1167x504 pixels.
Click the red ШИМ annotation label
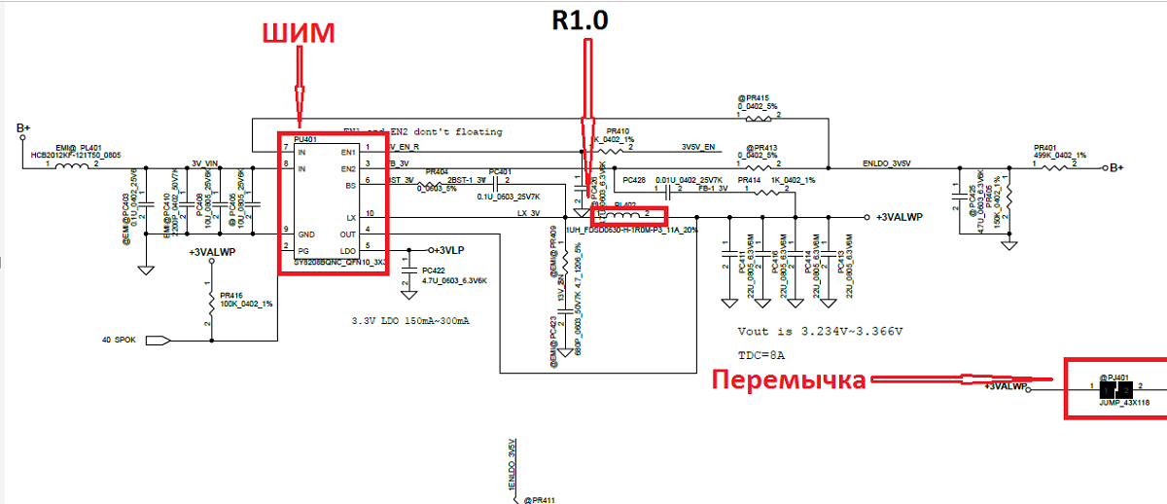click(x=297, y=34)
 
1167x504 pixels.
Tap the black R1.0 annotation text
click(x=581, y=20)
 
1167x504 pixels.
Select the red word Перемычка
click(x=788, y=379)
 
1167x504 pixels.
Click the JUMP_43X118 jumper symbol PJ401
click(x=1112, y=388)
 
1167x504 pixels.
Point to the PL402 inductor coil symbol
click(x=628, y=213)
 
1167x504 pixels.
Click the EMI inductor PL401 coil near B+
click(x=74, y=166)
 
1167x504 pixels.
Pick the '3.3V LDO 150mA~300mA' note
click(x=410, y=320)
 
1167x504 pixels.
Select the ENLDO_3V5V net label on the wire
click(x=888, y=162)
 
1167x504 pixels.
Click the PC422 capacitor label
click(x=433, y=270)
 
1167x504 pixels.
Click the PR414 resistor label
click(x=750, y=180)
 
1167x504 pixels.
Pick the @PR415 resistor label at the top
click(x=753, y=98)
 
